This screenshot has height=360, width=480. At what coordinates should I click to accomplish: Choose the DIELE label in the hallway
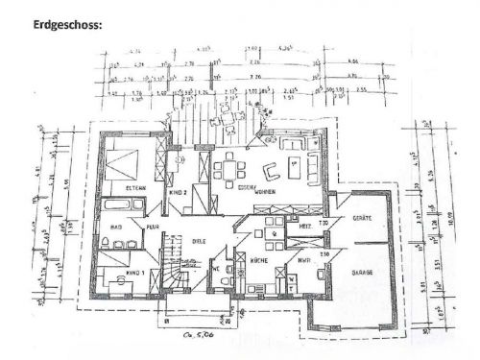[x=200, y=241]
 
